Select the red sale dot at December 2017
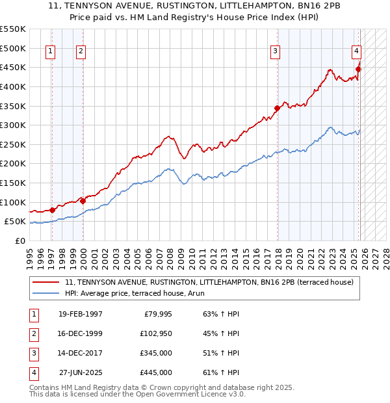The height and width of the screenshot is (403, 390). [277, 108]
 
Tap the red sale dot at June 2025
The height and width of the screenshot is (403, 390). [358, 69]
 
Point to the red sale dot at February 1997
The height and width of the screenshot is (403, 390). [52, 210]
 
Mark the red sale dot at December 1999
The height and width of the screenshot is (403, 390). [83, 201]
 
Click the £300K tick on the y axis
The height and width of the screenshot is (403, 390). [13, 125]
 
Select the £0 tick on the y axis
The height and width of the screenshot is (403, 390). [19, 240]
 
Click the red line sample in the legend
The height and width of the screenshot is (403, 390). [46, 282]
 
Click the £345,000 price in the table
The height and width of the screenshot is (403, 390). [157, 354]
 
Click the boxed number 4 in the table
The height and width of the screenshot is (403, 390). [33, 373]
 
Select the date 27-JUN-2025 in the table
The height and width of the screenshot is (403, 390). [80, 373]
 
